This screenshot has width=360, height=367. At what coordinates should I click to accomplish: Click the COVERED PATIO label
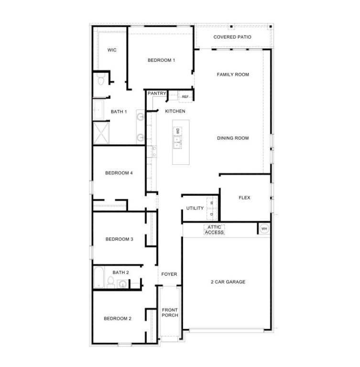[x=232, y=37]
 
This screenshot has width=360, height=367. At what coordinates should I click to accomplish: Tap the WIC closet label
[x=112, y=50]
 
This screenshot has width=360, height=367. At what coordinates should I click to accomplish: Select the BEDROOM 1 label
[x=161, y=60]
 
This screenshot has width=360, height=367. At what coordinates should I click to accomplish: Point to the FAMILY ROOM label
[x=233, y=75]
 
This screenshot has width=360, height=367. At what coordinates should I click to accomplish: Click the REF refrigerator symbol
[x=185, y=97]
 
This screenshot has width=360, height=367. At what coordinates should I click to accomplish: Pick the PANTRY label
[x=157, y=94]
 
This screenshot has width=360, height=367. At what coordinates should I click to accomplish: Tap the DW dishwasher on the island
[x=177, y=131]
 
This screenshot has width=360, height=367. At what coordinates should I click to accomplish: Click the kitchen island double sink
[x=177, y=141]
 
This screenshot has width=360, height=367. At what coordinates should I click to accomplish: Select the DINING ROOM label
[x=233, y=138]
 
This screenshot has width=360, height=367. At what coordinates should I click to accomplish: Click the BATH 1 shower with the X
[x=101, y=133]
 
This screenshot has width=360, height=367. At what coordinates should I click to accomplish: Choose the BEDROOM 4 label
[x=119, y=173]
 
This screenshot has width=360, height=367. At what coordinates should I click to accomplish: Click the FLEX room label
[x=244, y=197]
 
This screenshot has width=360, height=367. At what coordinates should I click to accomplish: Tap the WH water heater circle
[x=264, y=229]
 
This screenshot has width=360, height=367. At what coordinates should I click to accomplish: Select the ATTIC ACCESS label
[x=215, y=229]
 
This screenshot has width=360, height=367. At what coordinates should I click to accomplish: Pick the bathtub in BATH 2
[x=99, y=278]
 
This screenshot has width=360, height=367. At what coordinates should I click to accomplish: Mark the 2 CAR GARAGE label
[x=228, y=282]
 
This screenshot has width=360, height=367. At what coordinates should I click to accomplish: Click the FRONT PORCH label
[x=170, y=313]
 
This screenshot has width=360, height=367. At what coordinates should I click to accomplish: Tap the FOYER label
[x=169, y=274]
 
